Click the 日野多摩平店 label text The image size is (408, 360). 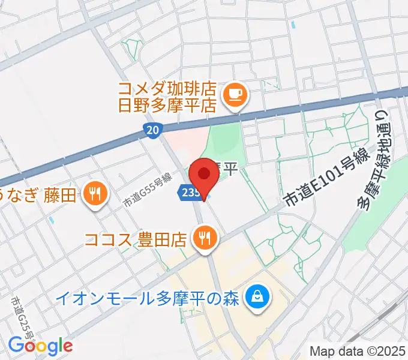(166, 106)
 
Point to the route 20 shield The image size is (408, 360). (152, 130)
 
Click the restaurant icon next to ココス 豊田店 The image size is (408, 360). (205, 238)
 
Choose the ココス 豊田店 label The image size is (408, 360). (136, 240)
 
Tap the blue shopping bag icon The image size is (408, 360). (259, 296)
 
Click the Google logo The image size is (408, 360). (40, 346)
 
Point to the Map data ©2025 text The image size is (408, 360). (357, 351)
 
